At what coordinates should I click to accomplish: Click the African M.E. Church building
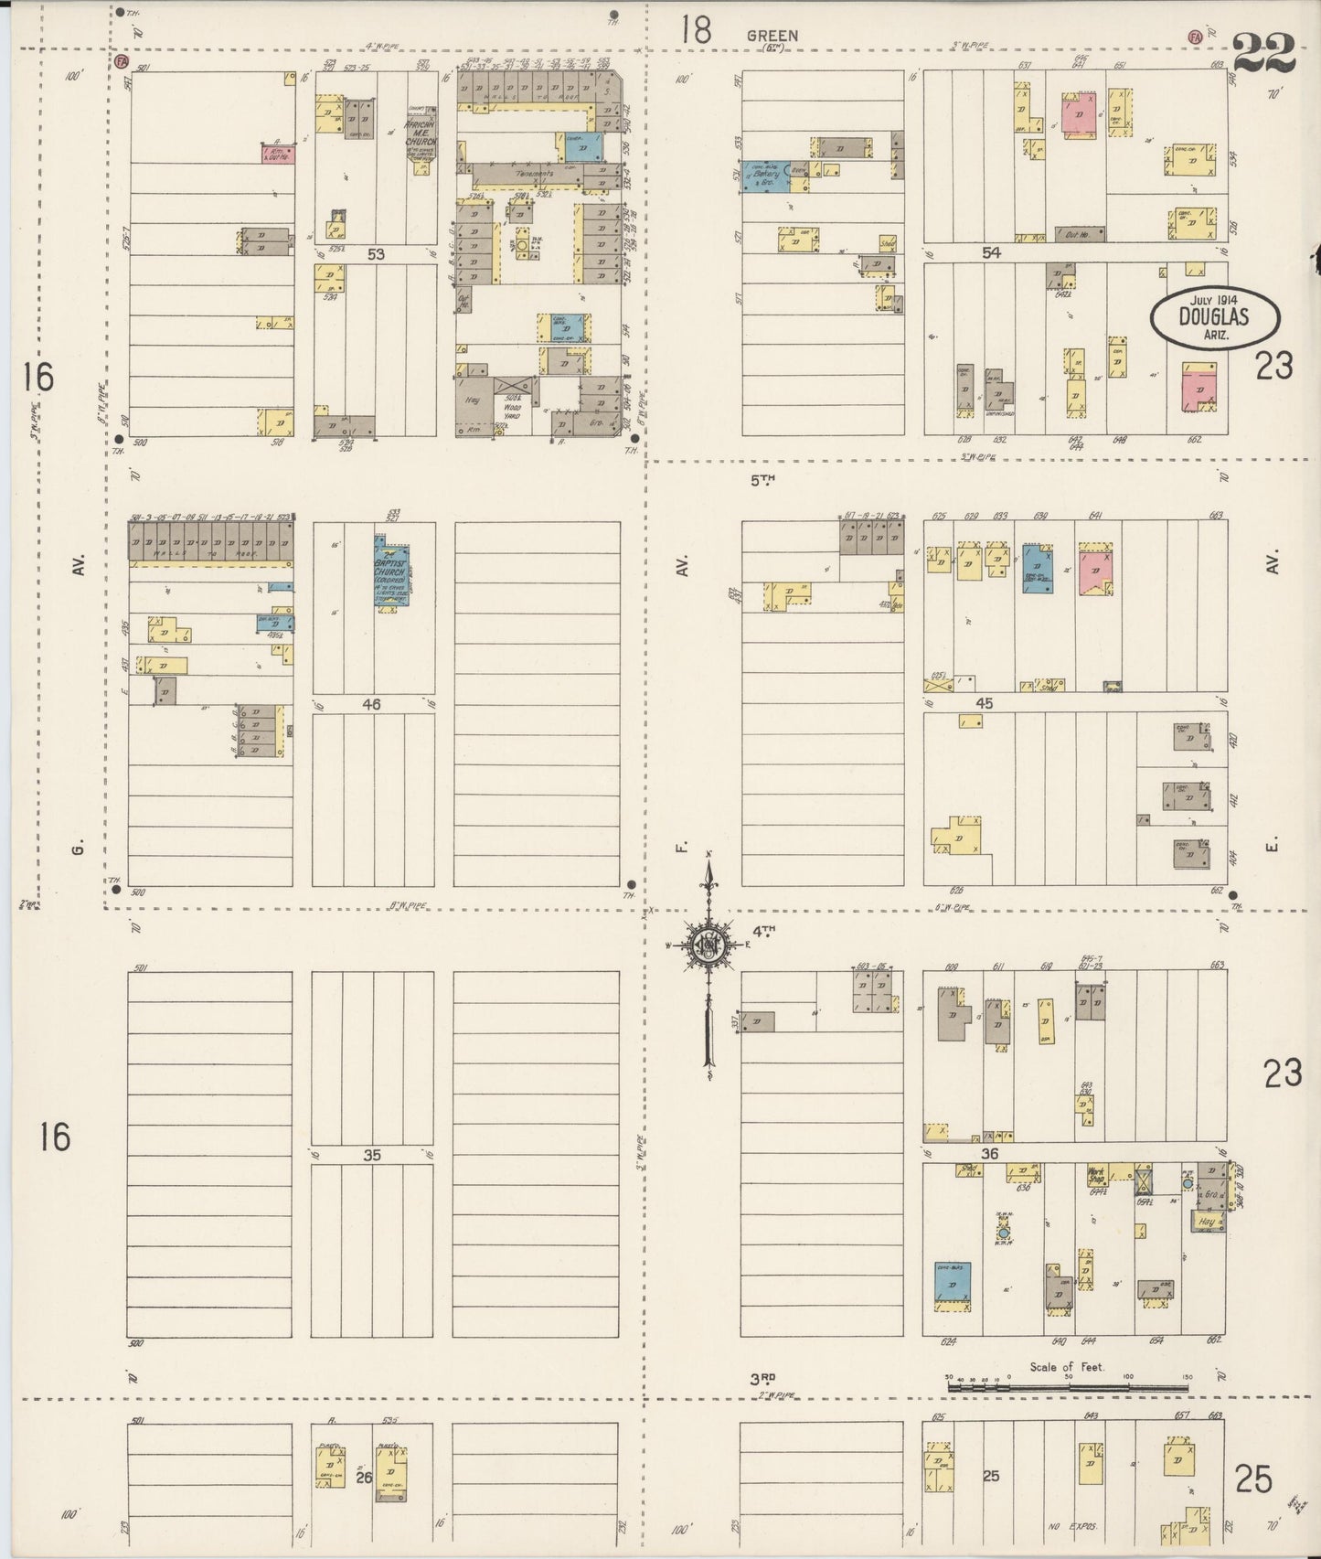point(421,133)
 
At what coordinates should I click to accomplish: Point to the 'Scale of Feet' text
point(1066,1367)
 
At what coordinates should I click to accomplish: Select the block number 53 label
point(376,254)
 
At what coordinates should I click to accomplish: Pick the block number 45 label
point(984,704)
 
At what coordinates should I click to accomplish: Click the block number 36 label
point(989,1154)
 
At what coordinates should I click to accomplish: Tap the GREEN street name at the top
point(772,36)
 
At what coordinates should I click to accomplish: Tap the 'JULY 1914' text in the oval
point(1213,300)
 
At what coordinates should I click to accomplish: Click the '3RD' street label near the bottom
point(763,1377)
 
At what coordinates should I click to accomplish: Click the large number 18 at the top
point(695,30)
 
